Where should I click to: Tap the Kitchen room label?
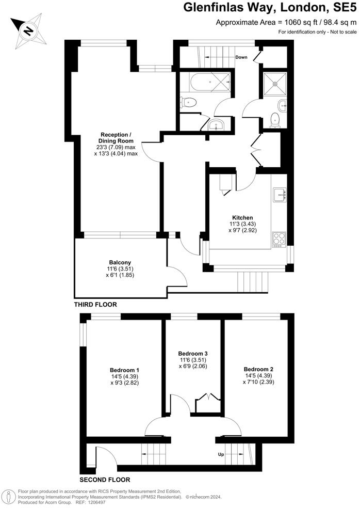point(242,217)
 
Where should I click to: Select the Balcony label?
point(119,262)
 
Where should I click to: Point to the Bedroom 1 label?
point(124,370)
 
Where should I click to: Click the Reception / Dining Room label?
point(116,137)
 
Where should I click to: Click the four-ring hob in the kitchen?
point(279,239)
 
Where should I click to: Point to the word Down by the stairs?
point(241,57)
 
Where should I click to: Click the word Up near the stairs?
point(221,455)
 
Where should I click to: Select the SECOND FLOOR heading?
point(105,479)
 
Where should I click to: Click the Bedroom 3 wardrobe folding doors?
point(206,399)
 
